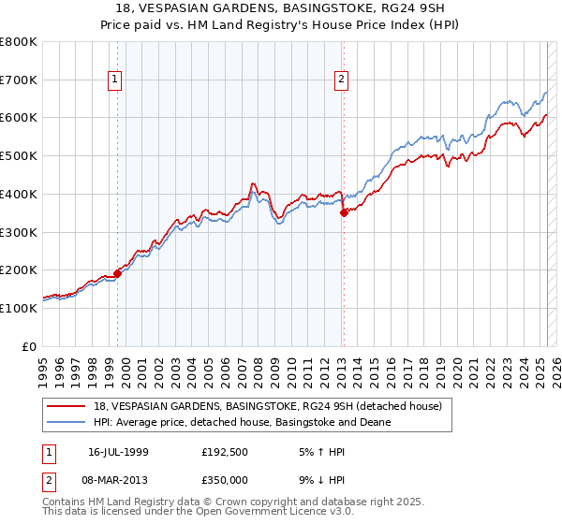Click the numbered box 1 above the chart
tap(114, 80)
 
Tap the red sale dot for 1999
tap(118, 273)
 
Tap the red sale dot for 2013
tap(344, 212)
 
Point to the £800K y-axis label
tap(19, 42)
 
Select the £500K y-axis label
tap(19, 156)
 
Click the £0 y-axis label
tap(28, 346)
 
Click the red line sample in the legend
tap(67, 406)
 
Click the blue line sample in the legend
tap(67, 422)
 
